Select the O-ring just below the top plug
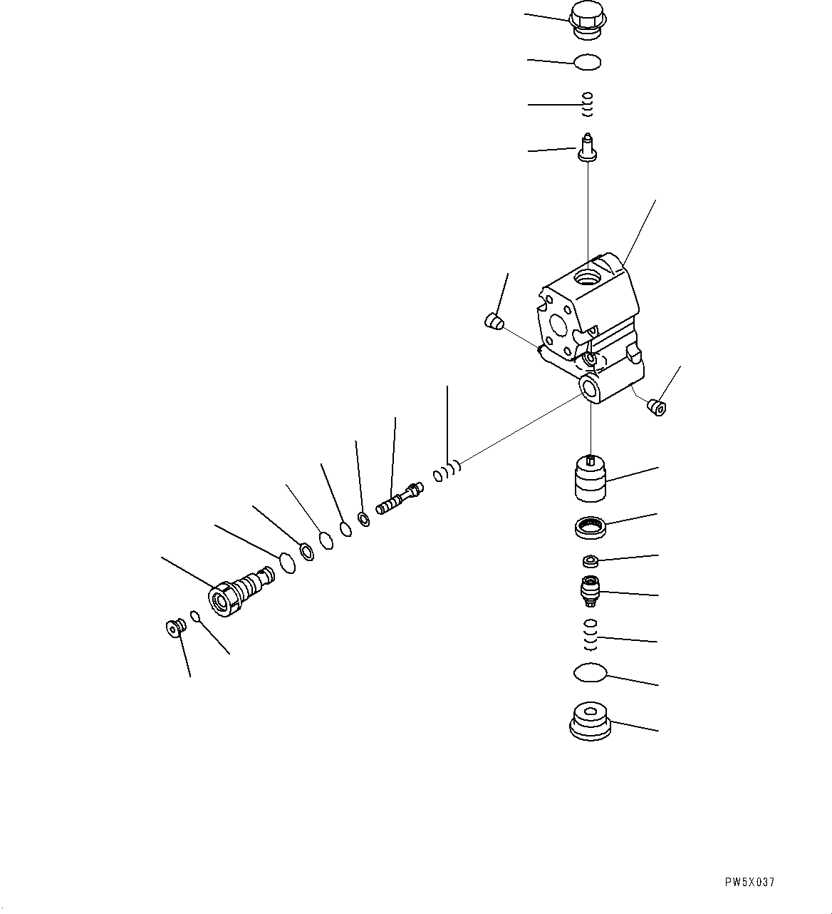click(x=588, y=63)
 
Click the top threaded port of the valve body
click(x=588, y=274)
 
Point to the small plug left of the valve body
click(x=492, y=322)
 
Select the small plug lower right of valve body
click(x=656, y=408)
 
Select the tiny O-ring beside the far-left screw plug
click(x=195, y=615)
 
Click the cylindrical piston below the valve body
click(x=590, y=479)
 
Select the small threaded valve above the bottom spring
click(x=591, y=591)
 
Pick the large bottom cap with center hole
click(x=591, y=721)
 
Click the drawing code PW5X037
click(x=749, y=883)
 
